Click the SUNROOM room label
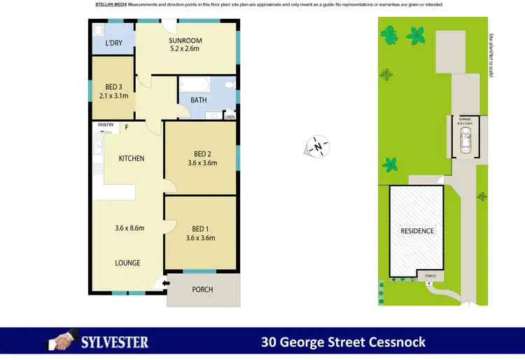185,39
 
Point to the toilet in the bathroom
227,86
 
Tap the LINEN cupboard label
230,117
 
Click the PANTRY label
106,125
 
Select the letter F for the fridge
127,127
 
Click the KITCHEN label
131,159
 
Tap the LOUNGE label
128,263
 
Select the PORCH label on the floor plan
202,289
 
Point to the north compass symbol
318,147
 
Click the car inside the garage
465,141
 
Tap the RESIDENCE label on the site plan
417,231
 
